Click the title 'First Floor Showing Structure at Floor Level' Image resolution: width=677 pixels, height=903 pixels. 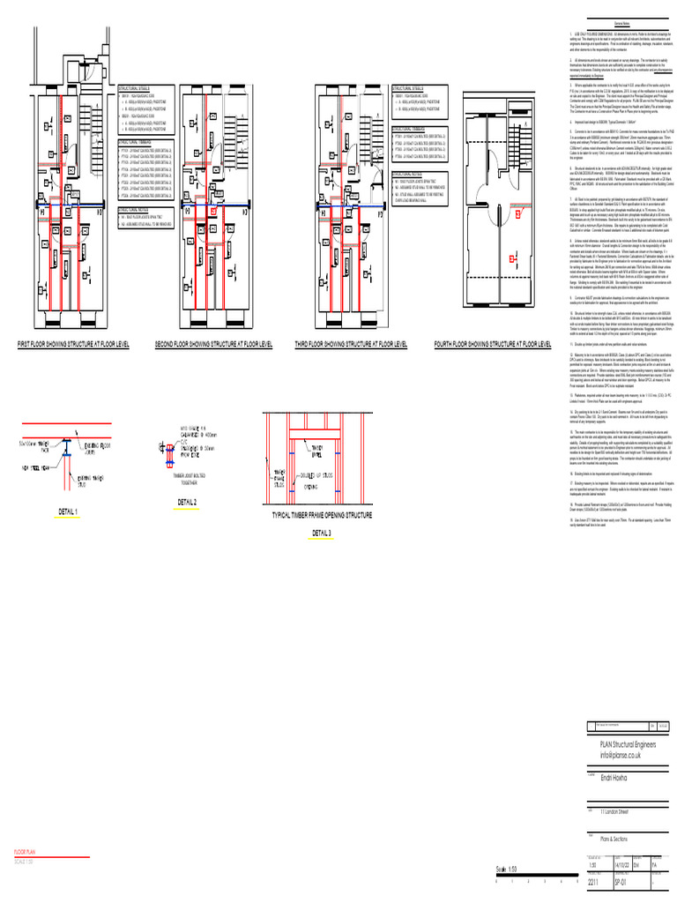point(73,343)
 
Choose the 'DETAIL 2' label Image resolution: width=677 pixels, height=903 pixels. point(187,502)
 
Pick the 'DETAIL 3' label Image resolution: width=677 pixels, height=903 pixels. point(321,534)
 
